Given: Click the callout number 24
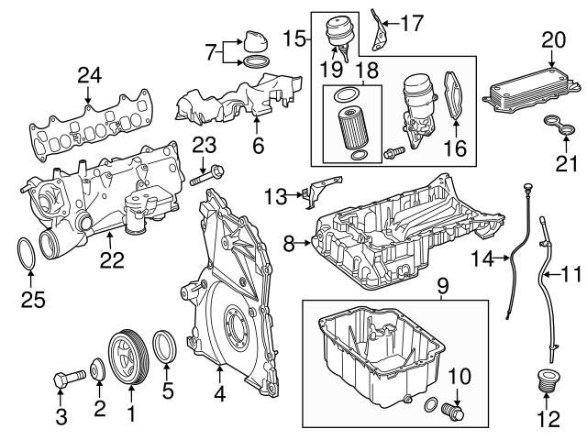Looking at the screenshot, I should [89, 75].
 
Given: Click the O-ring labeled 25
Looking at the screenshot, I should [28, 251].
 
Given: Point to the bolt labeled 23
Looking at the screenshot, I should [205, 173].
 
